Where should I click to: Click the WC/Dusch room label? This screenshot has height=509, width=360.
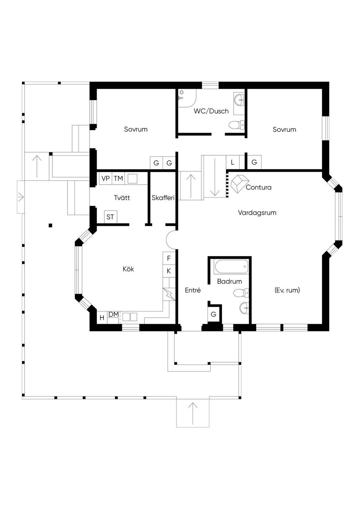[211, 111]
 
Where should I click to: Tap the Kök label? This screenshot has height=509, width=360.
[128, 269]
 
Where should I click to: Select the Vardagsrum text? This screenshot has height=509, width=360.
[257, 213]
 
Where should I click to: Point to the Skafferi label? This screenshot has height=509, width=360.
[163, 198]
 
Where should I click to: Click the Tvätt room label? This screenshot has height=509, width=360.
[122, 198]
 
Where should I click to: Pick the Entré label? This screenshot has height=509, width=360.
[193, 290]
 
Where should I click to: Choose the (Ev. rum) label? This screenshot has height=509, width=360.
[287, 290]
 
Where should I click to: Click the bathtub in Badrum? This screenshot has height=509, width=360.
[231, 267]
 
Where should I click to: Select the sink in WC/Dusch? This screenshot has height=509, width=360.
[239, 100]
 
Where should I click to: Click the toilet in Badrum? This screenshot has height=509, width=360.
[241, 293]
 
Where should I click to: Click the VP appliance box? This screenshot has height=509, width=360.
[106, 178]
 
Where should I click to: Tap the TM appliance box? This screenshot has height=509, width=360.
[118, 178]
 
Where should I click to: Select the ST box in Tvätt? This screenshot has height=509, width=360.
[110, 217]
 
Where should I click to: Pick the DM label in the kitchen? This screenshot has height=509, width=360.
[114, 314]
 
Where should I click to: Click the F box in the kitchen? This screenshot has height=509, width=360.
[169, 258]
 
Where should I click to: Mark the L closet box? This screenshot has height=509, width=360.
[233, 162]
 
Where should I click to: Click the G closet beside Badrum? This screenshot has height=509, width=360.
[213, 315]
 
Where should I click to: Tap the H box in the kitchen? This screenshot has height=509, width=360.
[102, 317]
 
